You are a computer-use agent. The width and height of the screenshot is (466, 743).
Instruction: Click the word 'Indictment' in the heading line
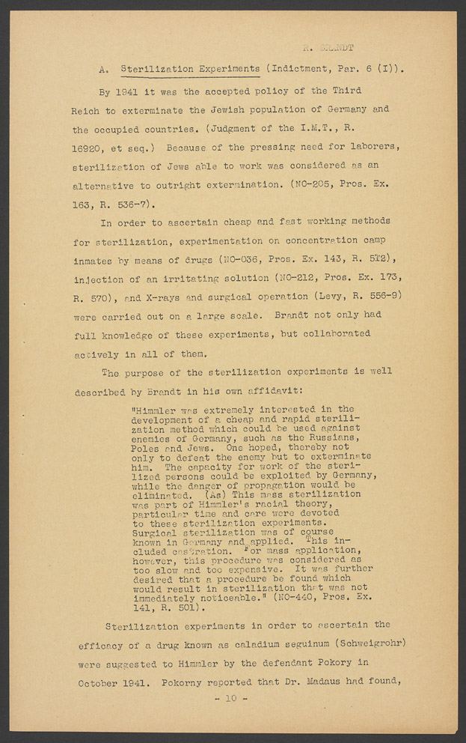click(298, 70)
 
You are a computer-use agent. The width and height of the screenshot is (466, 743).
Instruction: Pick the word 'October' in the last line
click(100, 682)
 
